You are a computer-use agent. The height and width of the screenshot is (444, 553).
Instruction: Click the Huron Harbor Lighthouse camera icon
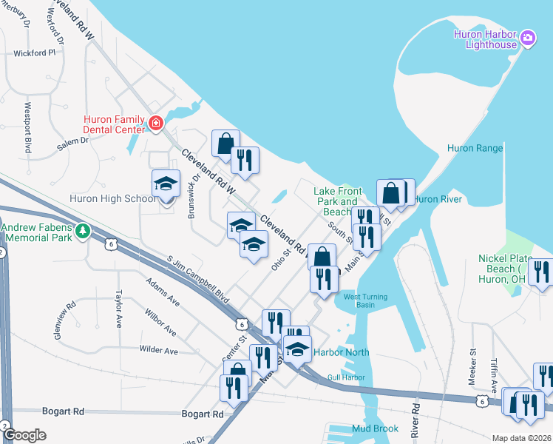click(528, 37)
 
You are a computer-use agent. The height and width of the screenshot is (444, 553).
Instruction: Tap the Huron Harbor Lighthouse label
click(486, 38)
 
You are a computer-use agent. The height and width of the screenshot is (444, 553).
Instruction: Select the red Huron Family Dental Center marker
click(156, 124)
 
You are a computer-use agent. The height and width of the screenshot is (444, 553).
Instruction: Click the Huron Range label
click(475, 148)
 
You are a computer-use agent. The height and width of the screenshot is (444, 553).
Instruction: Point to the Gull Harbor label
click(347, 377)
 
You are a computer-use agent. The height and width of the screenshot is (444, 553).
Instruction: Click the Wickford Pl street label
click(35, 53)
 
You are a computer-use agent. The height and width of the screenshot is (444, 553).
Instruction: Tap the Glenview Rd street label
click(63, 320)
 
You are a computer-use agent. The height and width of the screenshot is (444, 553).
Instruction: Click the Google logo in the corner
click(25, 435)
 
